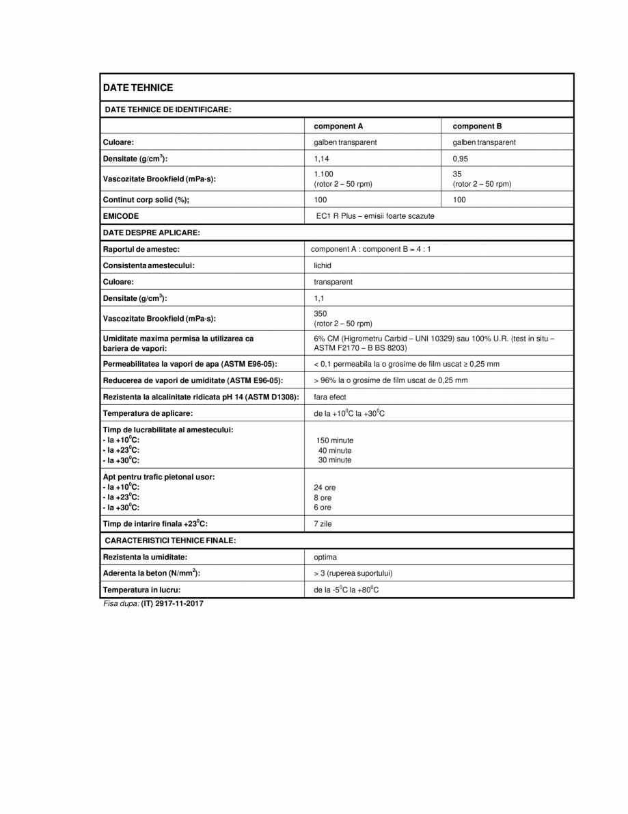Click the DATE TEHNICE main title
[137, 88]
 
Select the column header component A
[338, 126]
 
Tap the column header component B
[477, 126]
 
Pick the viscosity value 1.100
[323, 174]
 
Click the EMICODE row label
[120, 216]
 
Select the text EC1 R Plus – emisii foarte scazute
[374, 216]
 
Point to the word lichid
[323, 265]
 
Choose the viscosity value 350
[320, 313]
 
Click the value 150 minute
[335, 441]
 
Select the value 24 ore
[325, 488]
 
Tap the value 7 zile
[323, 524]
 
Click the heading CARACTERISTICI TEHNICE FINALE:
[170, 540]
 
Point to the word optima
[325, 557]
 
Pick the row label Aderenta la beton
[151, 573]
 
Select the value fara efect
[330, 397]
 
